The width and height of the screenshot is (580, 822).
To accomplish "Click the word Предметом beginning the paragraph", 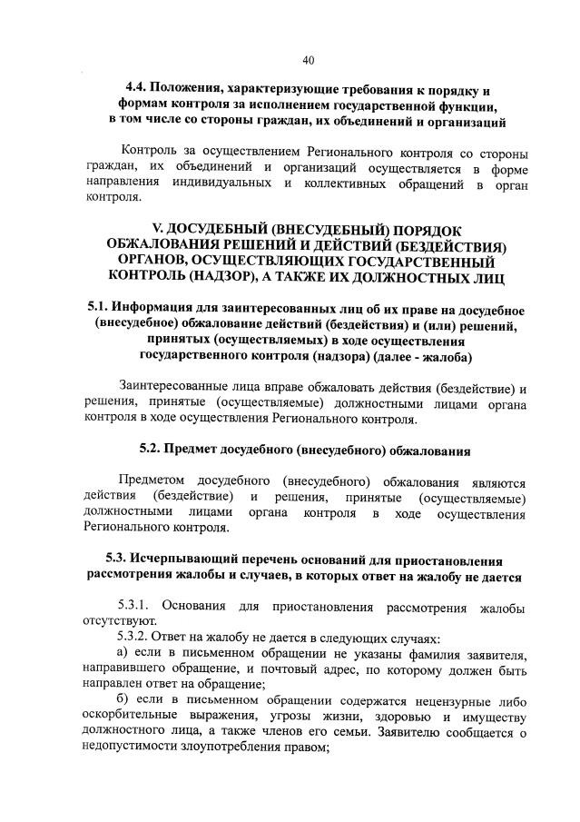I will (x=152, y=481).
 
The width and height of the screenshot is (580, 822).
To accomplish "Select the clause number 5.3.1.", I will (x=137, y=606).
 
